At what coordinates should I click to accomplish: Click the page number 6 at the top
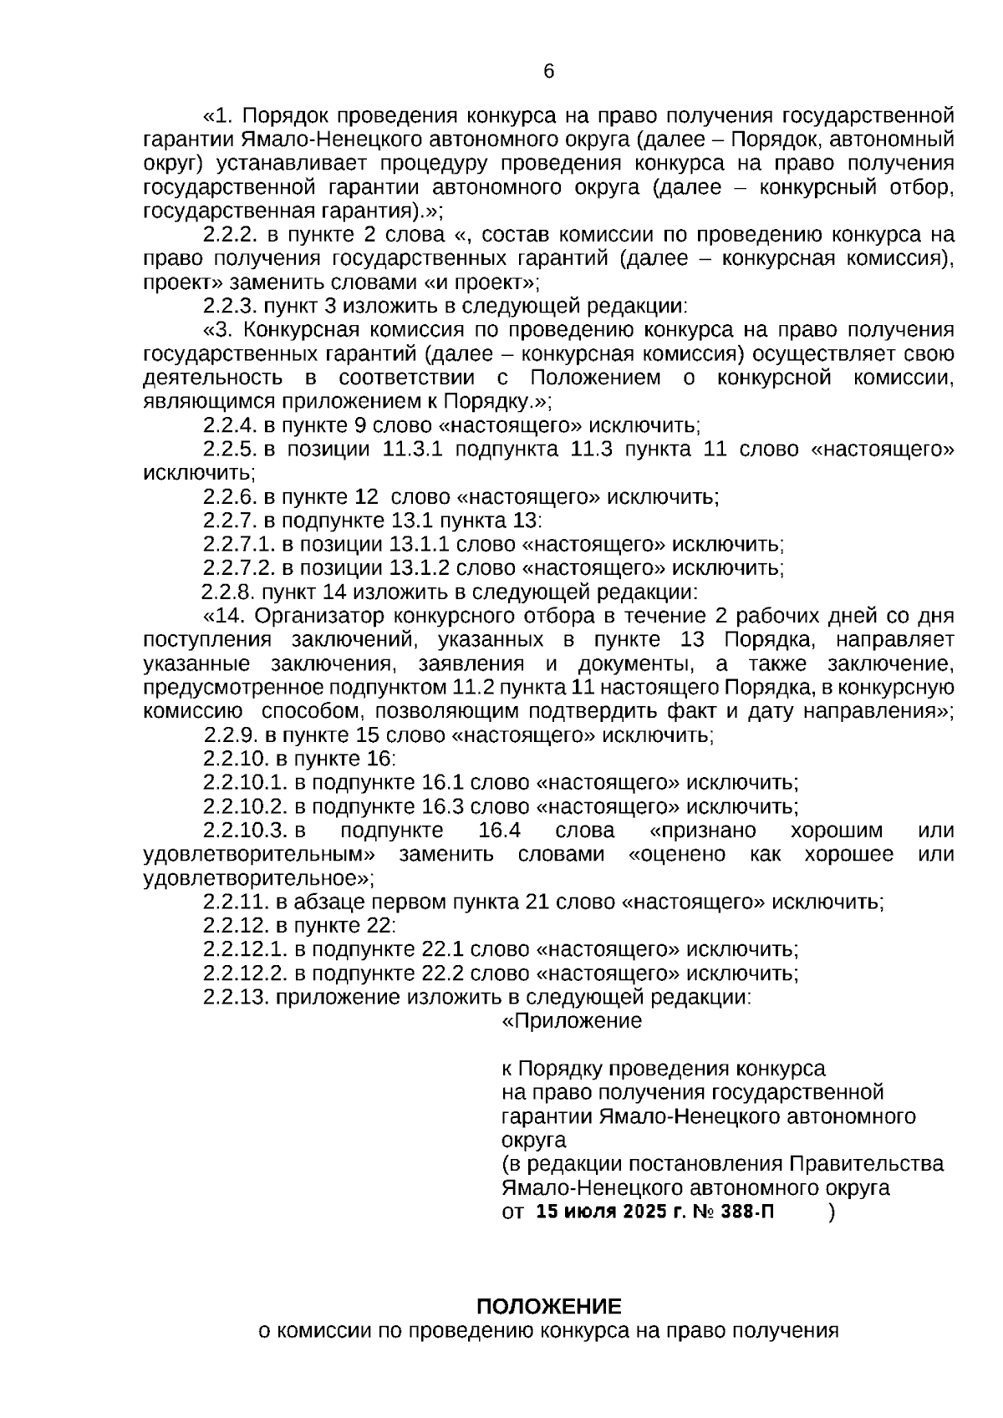coord(549,72)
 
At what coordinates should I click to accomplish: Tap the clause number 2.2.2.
coord(230,235)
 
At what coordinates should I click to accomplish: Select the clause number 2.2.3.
coord(230,306)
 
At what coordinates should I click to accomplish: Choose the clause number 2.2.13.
coord(236,997)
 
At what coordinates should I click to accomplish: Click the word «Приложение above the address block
coord(572,1021)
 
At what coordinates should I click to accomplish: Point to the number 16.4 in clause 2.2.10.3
coord(500,831)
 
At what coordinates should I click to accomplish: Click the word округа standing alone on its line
coord(533,1140)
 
